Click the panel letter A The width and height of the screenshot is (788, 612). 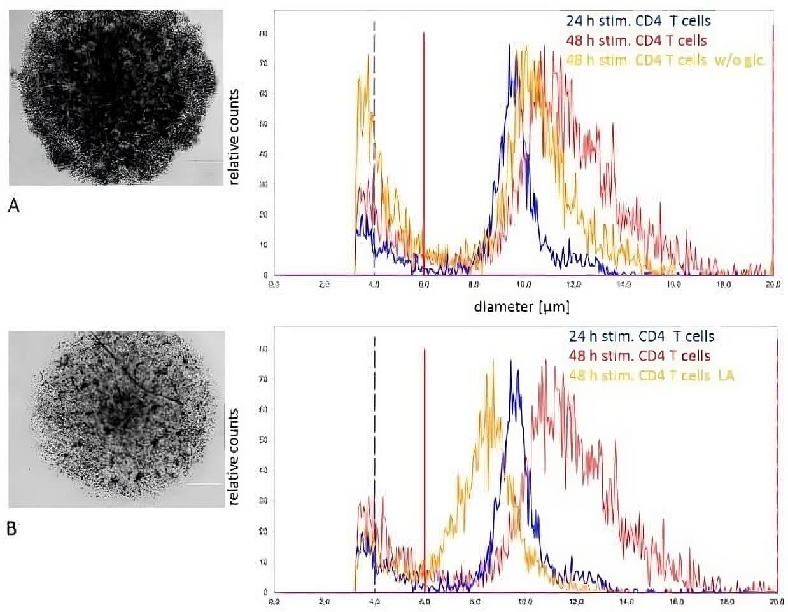coord(13,205)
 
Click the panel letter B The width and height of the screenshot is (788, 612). coord(12,528)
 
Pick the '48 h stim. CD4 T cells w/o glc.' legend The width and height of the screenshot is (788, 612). coord(665,60)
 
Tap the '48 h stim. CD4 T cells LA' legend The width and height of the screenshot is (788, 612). coord(652,375)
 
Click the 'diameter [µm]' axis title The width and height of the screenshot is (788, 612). coord(521,307)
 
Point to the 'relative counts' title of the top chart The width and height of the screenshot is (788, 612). coord(234,137)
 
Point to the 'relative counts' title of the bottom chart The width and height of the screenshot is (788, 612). coord(234,457)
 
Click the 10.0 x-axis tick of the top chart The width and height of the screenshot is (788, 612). coord(524,284)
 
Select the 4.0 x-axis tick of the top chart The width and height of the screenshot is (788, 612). coord(374,284)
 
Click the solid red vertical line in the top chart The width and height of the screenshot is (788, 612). coord(424,153)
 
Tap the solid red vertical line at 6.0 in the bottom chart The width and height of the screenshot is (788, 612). coord(424,471)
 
